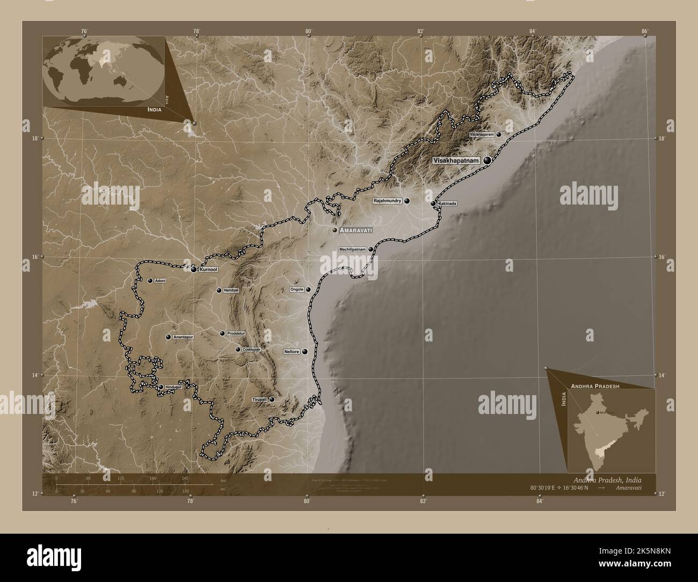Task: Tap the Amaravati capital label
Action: (x=356, y=230)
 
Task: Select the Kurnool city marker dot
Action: (x=194, y=269)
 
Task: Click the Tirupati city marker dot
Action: (x=272, y=399)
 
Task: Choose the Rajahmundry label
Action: (x=387, y=201)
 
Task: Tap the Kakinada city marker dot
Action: (x=433, y=203)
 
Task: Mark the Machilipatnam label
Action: (x=352, y=249)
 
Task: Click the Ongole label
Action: (x=297, y=289)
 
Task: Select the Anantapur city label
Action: (x=183, y=337)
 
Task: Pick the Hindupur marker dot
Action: (x=161, y=387)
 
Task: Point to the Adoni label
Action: (x=160, y=280)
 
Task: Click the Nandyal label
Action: (x=231, y=290)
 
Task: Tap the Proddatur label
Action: (x=236, y=333)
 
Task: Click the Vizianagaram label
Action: (x=481, y=135)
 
